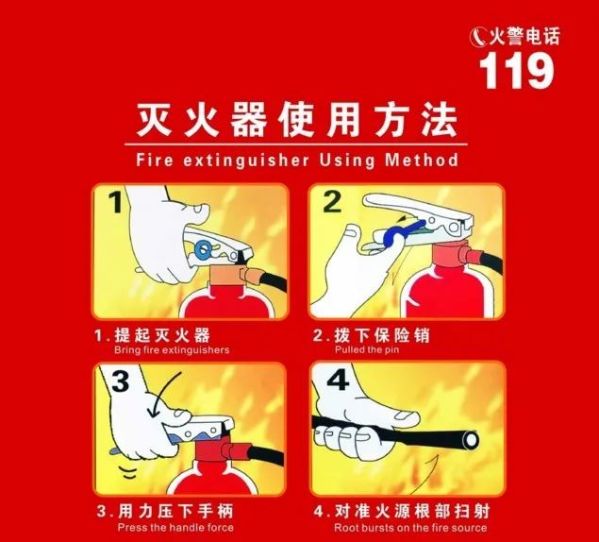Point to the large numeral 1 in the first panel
[x=114, y=204]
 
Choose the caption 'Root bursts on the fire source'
[x=411, y=527]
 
